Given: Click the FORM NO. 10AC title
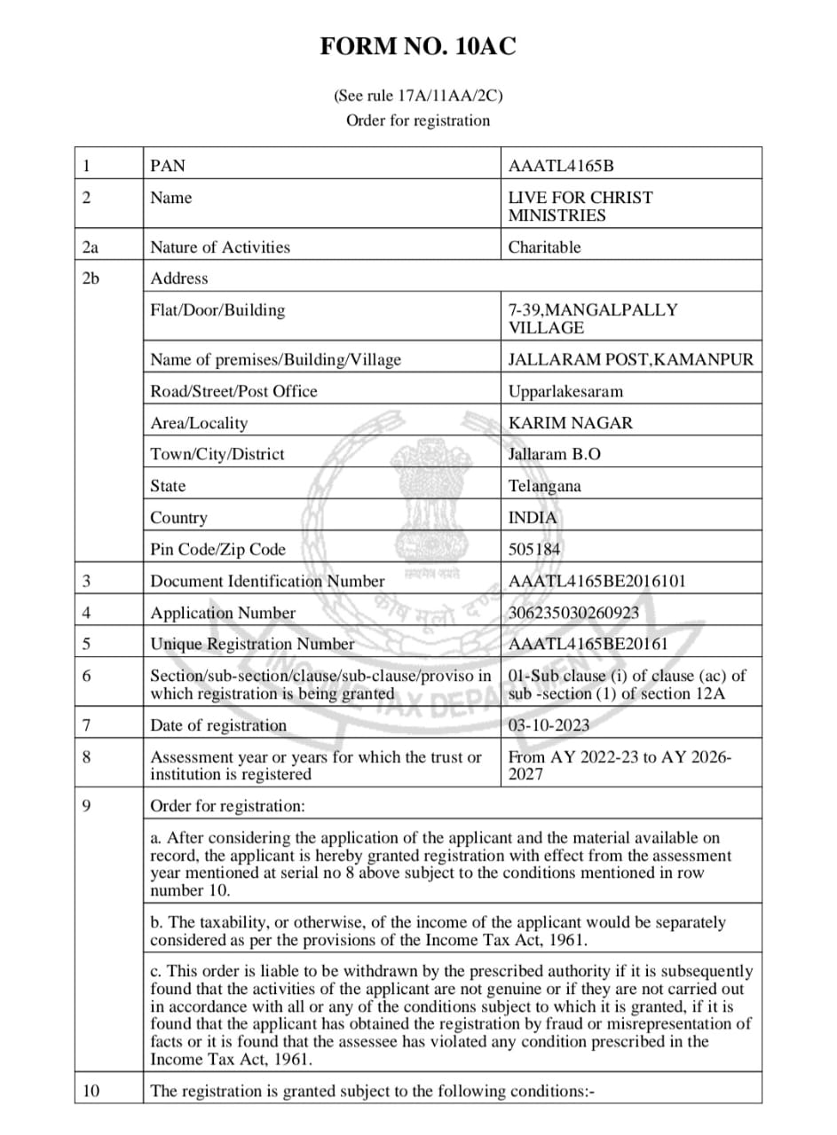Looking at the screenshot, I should pyautogui.click(x=418, y=47).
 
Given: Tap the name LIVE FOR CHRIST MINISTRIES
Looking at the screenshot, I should pyautogui.click(x=580, y=207).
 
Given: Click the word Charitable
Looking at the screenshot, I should pyautogui.click(x=544, y=247).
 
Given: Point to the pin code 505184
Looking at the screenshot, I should pyautogui.click(x=534, y=550).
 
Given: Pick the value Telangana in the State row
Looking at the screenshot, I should pyautogui.click(x=544, y=486).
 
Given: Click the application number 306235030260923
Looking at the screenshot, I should pyautogui.click(x=572, y=613).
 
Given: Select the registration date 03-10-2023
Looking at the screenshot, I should pyautogui.click(x=549, y=725).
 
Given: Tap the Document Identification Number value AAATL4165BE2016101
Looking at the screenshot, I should pyautogui.click(x=596, y=582).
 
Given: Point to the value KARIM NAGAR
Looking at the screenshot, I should pyautogui.click(x=571, y=423).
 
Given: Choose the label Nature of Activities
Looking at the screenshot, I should pyautogui.click(x=220, y=247).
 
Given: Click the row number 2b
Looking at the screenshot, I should pyautogui.click(x=91, y=278).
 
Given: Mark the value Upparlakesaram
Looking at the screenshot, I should pyautogui.click(x=565, y=391).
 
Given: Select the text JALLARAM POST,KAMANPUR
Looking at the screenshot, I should pyautogui.click(x=630, y=360).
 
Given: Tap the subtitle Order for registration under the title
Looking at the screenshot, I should pyautogui.click(x=418, y=121).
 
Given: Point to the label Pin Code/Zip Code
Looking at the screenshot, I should pyautogui.click(x=218, y=550).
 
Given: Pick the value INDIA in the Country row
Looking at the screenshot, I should pyautogui.click(x=533, y=518).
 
